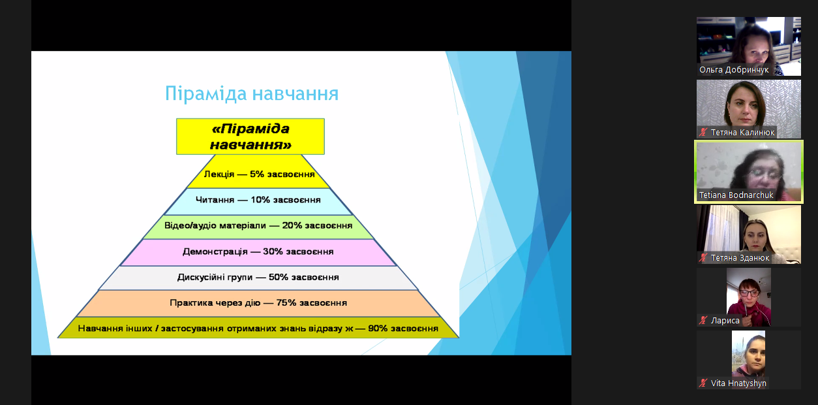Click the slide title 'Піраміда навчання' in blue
click(252, 93)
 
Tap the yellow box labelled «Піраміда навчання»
click(250, 137)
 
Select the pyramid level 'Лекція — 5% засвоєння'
click(258, 174)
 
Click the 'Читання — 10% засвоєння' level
click(258, 200)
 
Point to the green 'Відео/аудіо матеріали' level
click(258, 226)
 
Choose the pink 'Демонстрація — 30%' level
click(258, 251)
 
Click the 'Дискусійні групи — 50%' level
click(258, 278)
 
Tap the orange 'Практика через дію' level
click(258, 303)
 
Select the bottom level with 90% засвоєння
click(258, 328)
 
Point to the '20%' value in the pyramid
click(292, 225)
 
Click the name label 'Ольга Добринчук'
click(734, 70)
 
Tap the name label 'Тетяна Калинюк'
click(742, 133)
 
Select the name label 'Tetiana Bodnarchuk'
click(736, 195)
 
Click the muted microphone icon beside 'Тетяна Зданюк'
click(703, 258)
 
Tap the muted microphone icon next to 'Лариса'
click(703, 321)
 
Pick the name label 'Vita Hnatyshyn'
click(738, 383)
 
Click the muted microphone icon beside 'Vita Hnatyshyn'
click(703, 383)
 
